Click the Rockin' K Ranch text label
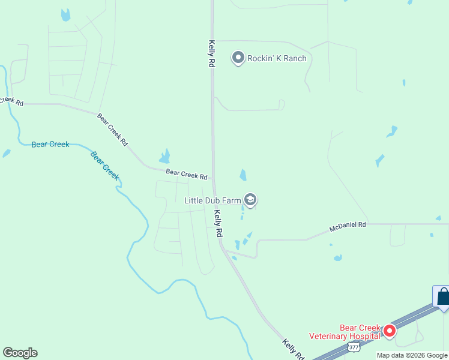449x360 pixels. pos(277,58)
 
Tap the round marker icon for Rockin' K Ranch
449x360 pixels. pos(238,58)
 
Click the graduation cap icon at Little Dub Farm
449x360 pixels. pos(250,200)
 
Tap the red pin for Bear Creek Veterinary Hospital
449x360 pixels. pos(390,331)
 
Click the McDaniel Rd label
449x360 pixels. pos(348,227)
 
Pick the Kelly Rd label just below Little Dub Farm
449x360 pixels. pos(219,223)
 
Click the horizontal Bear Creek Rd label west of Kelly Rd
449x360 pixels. pos(187,175)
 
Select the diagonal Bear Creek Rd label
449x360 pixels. pos(112,127)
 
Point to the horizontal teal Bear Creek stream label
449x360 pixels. pos(50,144)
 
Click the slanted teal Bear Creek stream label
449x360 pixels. pos(105,165)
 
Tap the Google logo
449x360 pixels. pos(20,353)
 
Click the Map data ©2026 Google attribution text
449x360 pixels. pos(412,355)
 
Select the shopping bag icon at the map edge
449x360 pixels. pos(443,297)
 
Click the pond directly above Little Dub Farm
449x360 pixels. pos(243,175)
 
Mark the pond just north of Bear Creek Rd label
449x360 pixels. pos(164,157)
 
